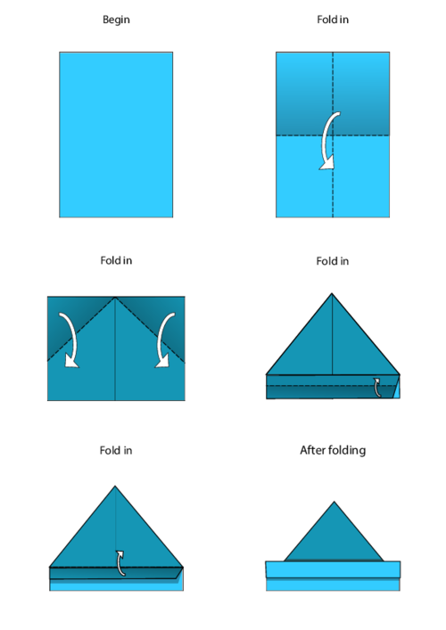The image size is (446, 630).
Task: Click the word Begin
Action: coord(116,20)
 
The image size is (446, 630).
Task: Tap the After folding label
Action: coord(332,451)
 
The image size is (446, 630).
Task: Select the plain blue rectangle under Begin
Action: coord(116,134)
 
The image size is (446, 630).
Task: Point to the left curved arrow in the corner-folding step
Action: coord(67,340)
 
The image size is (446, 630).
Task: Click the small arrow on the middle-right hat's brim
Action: coord(378,385)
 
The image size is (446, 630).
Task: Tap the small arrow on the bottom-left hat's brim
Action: coord(120,562)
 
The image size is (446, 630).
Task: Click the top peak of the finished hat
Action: coord(334,503)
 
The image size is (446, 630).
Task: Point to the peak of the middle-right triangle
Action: coord(333,294)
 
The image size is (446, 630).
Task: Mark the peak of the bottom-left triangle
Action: coord(115,487)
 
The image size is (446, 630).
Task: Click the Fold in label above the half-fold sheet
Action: coord(332,20)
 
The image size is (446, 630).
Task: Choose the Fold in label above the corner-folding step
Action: coord(116,261)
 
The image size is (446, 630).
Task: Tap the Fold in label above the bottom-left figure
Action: coord(116,451)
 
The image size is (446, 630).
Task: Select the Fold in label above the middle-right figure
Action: coord(332,261)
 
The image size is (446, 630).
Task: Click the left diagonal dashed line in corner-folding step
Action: coord(82,330)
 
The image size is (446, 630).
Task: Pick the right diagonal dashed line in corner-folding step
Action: coord(149,330)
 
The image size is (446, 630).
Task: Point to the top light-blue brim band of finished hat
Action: coord(333,569)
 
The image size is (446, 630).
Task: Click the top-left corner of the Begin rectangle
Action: coord(60,53)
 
